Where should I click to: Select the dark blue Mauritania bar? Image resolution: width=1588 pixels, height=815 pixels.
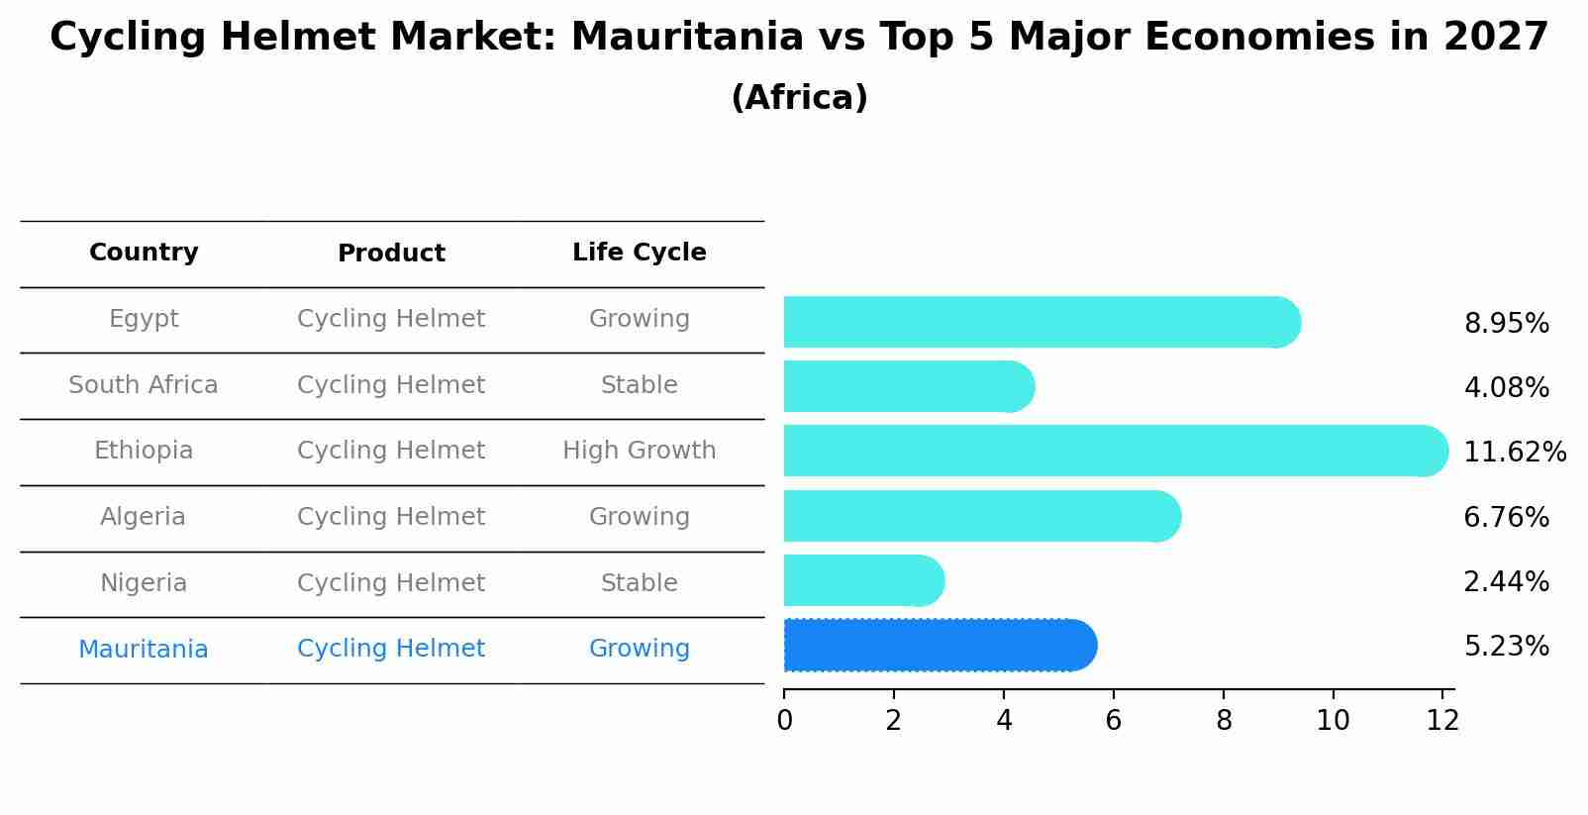click(x=939, y=646)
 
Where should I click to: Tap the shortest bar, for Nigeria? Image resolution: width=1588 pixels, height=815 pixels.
click(x=862, y=580)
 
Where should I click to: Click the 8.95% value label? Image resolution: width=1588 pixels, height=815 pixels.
click(x=1506, y=324)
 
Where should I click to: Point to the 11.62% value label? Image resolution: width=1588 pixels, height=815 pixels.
click(x=1514, y=453)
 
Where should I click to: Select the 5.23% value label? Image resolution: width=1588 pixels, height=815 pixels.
click(x=1506, y=647)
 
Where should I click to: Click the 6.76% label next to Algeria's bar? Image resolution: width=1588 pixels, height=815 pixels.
click(x=1506, y=517)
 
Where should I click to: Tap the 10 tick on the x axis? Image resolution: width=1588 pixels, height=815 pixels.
click(x=1333, y=721)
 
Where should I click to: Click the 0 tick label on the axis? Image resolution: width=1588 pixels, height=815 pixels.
click(x=784, y=721)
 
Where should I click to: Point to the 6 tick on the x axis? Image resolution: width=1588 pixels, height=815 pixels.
click(x=1113, y=721)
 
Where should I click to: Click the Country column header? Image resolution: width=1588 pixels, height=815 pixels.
click(x=144, y=253)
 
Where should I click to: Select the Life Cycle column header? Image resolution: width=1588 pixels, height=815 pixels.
click(x=639, y=253)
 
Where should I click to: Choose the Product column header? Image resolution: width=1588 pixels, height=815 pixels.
click(x=391, y=254)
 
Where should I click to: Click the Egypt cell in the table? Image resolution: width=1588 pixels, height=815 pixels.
click(x=144, y=319)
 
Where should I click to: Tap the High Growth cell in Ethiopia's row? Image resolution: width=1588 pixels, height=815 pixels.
click(x=639, y=451)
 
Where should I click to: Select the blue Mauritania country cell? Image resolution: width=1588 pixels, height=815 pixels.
click(x=144, y=650)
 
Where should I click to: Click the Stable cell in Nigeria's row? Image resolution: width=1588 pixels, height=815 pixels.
click(x=639, y=583)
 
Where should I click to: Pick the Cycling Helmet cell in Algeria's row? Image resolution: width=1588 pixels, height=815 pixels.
click(x=391, y=517)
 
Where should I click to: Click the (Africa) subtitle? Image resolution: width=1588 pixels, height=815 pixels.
click(x=799, y=98)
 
